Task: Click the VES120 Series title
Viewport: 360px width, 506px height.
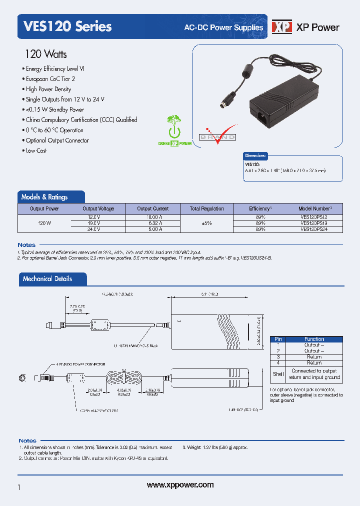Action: coord(64,26)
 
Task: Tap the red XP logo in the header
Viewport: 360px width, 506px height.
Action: coord(281,27)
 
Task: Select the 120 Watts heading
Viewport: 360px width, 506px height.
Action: coord(45,54)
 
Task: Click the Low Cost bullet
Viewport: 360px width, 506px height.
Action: coord(36,150)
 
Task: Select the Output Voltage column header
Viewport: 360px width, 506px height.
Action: coord(98,208)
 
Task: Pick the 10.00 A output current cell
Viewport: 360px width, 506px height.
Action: coord(151,217)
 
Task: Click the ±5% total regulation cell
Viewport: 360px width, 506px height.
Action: coord(206,223)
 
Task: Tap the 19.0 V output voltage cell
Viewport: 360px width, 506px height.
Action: coord(94,223)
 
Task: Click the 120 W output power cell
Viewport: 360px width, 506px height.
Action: coord(44,223)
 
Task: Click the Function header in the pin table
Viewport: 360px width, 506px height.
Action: coord(314,339)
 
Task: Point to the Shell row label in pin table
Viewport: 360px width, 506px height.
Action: coord(278,374)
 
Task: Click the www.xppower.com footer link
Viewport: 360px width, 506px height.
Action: coord(180,485)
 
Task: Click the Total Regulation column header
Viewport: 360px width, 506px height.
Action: coord(206,208)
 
